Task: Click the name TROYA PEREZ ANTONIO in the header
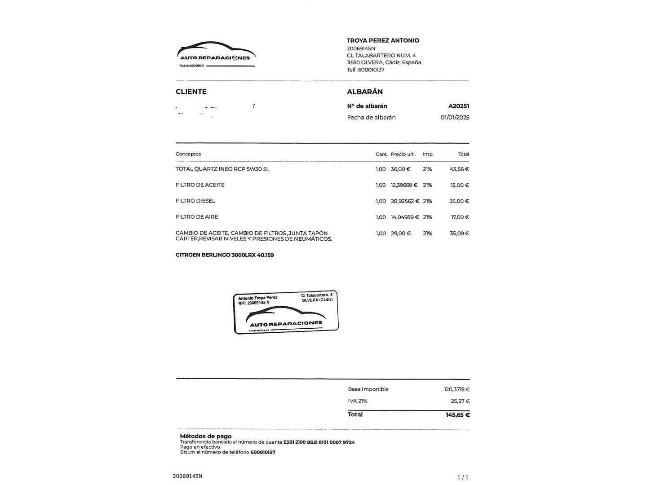(x=383, y=40)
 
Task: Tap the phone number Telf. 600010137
(x=366, y=70)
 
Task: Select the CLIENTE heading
(x=191, y=92)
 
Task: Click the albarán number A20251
(x=458, y=106)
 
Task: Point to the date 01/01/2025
(x=455, y=117)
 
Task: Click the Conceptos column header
(x=188, y=154)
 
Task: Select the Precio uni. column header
(x=403, y=154)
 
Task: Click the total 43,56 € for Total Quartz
(x=459, y=169)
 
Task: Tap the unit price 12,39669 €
(x=404, y=185)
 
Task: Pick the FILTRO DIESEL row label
(x=195, y=201)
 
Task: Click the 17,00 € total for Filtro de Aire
(x=460, y=217)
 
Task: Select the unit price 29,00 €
(x=401, y=234)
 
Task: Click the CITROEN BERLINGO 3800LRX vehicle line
(x=225, y=255)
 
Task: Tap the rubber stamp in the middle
(x=286, y=312)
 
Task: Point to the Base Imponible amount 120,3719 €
(x=456, y=389)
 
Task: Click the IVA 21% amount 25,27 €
(x=460, y=401)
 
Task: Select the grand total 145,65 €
(x=457, y=414)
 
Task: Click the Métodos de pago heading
(x=206, y=436)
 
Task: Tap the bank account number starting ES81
(x=319, y=442)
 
